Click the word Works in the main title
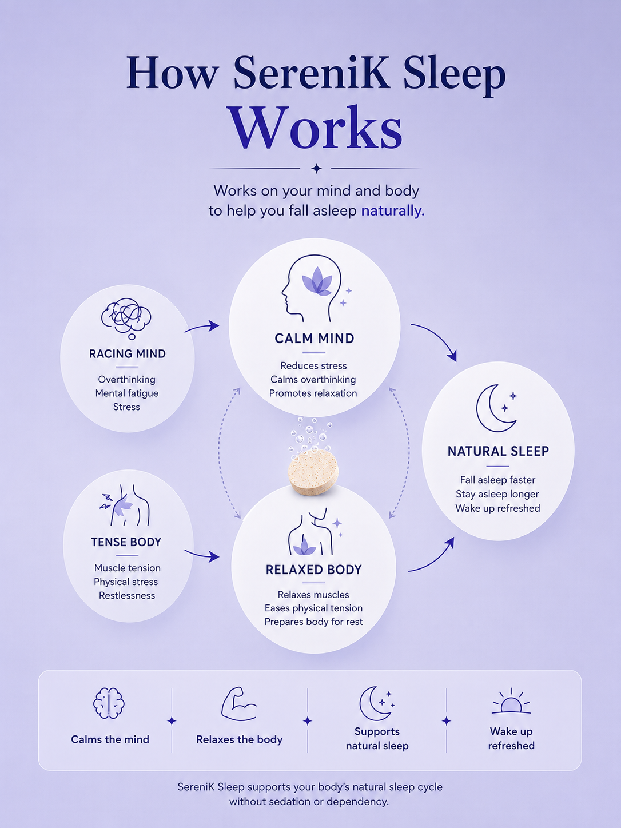[x=316, y=128]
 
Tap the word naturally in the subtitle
[x=392, y=211]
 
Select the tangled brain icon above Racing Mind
[x=126, y=319]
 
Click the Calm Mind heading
[x=315, y=339]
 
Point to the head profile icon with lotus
[x=312, y=289]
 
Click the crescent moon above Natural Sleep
[x=494, y=408]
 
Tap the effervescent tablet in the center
[x=313, y=472]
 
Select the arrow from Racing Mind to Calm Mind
[x=202, y=328]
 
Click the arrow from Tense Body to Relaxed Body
[x=202, y=554]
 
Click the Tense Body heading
[x=126, y=542]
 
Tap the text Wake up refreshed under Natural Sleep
[x=497, y=508]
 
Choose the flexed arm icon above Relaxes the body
[x=239, y=704]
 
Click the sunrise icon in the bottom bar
[x=511, y=702]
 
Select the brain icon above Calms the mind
[x=109, y=703]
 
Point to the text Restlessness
[x=127, y=596]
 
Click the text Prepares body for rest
[x=314, y=622]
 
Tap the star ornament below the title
[x=317, y=168]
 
